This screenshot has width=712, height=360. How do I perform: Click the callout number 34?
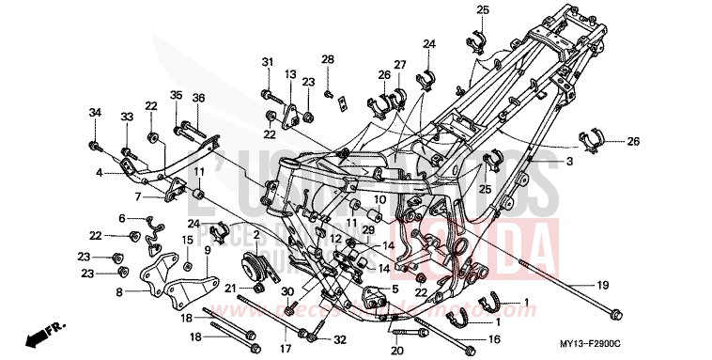94,114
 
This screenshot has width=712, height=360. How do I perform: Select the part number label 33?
126,117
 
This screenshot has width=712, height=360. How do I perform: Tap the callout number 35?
176,97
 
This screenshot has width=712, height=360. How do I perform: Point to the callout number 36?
198,97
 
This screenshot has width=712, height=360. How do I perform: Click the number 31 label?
268,62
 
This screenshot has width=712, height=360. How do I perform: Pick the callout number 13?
290,73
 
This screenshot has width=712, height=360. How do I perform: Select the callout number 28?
328,59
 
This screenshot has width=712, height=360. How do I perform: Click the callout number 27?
401,64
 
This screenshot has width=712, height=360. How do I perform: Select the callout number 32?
340,339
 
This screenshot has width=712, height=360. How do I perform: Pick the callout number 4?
99,173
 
